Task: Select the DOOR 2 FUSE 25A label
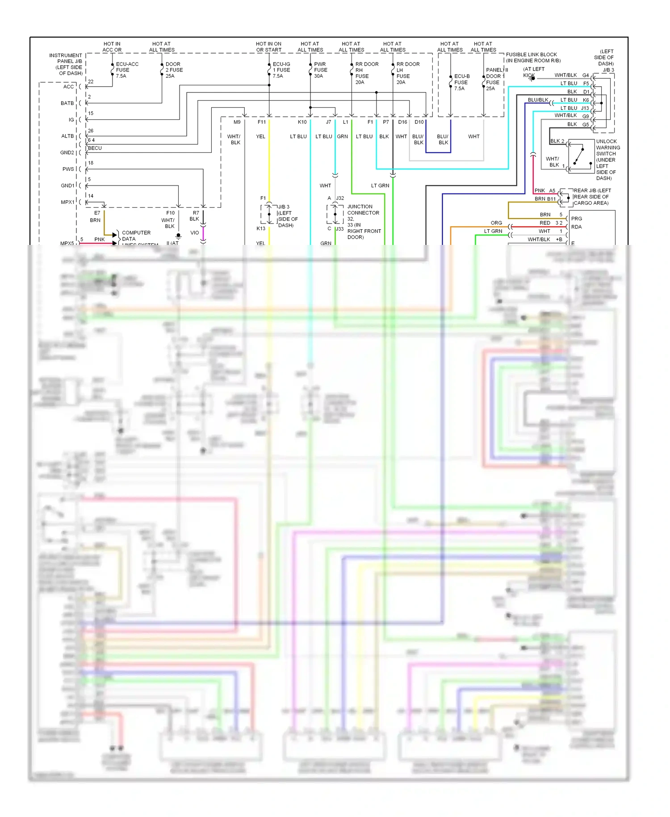(174, 70)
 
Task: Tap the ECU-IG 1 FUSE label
(281, 70)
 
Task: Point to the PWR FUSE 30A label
(320, 70)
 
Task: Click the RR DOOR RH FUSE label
(366, 73)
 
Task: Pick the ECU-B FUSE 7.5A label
(461, 82)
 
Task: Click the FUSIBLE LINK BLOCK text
(531, 55)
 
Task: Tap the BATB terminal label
(67, 103)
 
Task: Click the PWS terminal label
(68, 169)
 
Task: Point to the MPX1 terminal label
(67, 202)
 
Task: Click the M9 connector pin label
(237, 122)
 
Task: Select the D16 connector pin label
(402, 122)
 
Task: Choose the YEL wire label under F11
(261, 137)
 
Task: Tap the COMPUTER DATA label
(136, 236)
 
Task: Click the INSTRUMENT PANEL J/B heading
(66, 58)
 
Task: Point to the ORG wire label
(496, 223)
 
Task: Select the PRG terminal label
(576, 219)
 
